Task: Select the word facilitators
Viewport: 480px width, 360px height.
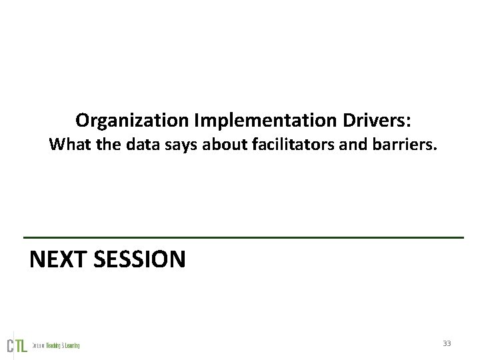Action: point(287,144)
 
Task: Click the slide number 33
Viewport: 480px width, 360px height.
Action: point(447,343)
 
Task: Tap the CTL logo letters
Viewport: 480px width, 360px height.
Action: point(17,345)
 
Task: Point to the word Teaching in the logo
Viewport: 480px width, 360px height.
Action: point(54,345)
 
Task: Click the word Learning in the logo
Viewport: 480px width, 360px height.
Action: point(73,345)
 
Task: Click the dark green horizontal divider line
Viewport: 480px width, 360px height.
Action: point(243,237)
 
